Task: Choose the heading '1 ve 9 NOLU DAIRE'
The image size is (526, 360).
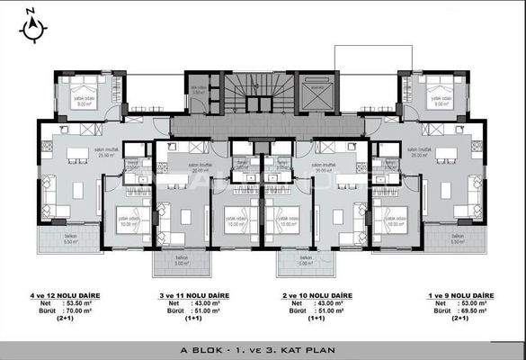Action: pos(460,295)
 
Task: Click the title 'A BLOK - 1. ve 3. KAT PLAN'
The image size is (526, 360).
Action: pos(263,347)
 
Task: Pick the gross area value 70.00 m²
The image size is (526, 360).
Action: pos(85,310)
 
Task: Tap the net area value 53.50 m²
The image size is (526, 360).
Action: pos(85,303)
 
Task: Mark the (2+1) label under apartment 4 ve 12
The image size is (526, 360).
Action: pos(65,319)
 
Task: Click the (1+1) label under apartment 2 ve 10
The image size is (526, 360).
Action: pos(316,319)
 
